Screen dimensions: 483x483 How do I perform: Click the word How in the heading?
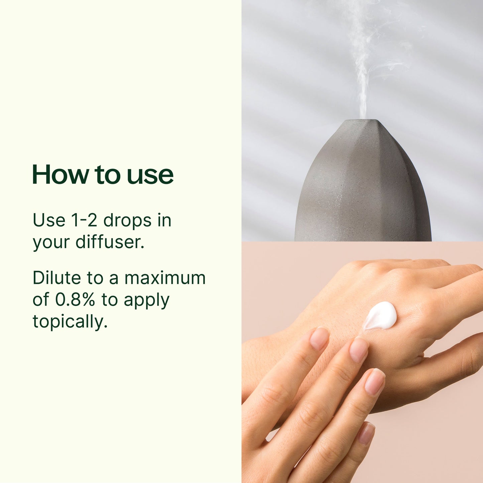(61, 174)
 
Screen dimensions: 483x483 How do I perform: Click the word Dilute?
(57, 278)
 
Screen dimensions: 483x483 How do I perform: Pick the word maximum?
(165, 278)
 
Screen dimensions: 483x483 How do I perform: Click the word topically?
(70, 322)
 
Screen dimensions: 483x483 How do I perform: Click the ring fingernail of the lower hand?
(374, 381)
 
